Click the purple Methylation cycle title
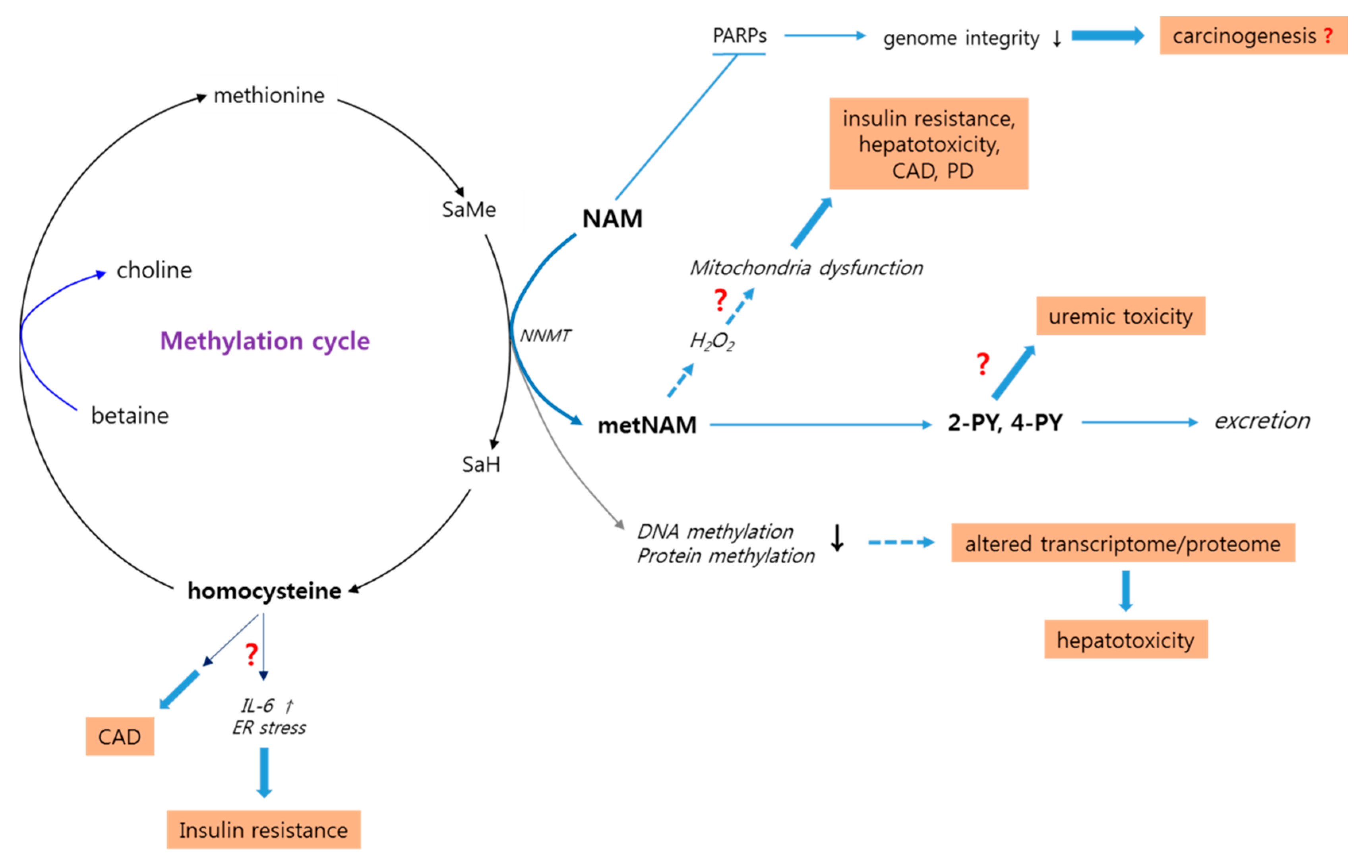pos(265,341)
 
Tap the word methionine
pos(269,95)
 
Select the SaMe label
pos(469,210)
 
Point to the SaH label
pos(480,465)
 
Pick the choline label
pos(154,270)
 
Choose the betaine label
pos(130,415)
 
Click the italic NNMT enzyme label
pos(545,336)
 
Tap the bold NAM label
pos(612,219)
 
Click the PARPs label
pos(739,36)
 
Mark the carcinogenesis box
pos(1253,36)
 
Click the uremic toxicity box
pos(1120,316)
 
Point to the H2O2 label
pos(712,341)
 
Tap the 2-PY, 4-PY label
pos(1005,423)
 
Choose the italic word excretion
pos(1262,421)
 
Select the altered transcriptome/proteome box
pos(1123,543)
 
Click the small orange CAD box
pos(119,737)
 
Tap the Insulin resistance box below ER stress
pos(263,830)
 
